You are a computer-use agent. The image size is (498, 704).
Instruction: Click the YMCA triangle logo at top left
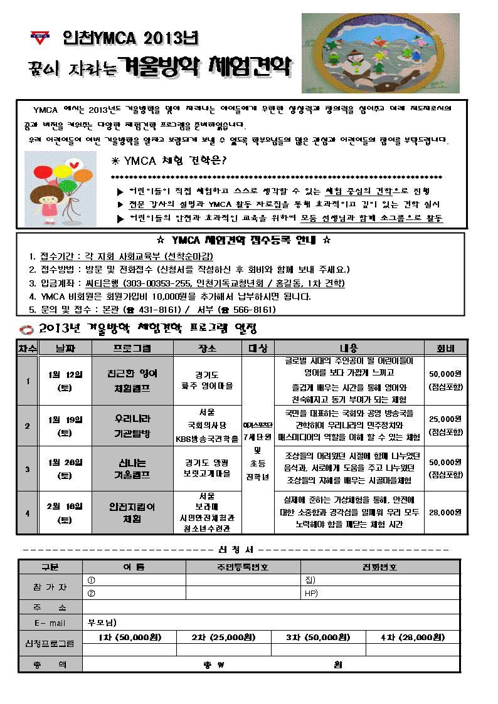(39, 38)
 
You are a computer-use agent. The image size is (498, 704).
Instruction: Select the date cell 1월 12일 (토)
(65, 381)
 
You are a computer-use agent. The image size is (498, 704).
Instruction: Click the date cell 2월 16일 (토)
(65, 513)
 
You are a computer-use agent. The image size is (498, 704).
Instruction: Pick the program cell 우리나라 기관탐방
(131, 425)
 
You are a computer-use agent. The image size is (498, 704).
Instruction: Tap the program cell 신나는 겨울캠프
(131, 469)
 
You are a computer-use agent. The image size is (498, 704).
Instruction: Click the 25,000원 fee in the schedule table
(446, 419)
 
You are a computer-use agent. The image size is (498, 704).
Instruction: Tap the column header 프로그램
(131, 349)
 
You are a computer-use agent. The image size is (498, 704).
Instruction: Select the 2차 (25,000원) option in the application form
(223, 637)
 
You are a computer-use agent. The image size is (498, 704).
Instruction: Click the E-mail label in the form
(50, 623)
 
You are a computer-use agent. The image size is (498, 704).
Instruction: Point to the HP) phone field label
(311, 593)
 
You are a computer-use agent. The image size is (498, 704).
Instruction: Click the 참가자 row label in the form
(50, 587)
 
